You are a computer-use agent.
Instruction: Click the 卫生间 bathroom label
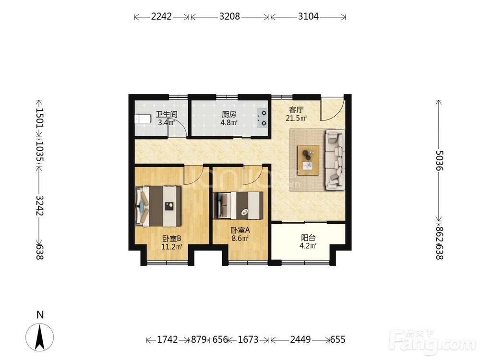(x=167, y=115)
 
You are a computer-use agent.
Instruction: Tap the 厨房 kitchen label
(x=229, y=115)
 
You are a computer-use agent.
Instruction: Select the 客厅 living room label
(x=296, y=110)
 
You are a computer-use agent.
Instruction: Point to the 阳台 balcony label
(x=308, y=238)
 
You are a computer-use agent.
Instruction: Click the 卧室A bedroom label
(x=240, y=230)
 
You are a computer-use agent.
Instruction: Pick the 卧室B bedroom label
(x=172, y=238)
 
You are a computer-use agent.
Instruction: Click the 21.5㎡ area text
(x=296, y=118)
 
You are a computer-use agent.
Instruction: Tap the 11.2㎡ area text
(x=172, y=246)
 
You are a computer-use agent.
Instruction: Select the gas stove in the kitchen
(x=263, y=118)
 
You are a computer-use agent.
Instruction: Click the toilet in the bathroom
(x=143, y=119)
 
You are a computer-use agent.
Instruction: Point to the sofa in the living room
(x=335, y=159)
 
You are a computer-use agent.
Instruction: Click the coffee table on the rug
(x=308, y=160)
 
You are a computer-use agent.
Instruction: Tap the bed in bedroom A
(x=238, y=205)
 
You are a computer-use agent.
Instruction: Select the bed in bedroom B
(x=158, y=206)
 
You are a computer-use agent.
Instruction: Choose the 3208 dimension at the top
(x=229, y=16)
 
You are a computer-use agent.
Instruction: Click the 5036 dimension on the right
(x=439, y=160)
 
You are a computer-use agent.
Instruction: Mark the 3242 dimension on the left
(x=40, y=205)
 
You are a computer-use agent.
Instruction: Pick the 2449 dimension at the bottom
(x=300, y=339)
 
